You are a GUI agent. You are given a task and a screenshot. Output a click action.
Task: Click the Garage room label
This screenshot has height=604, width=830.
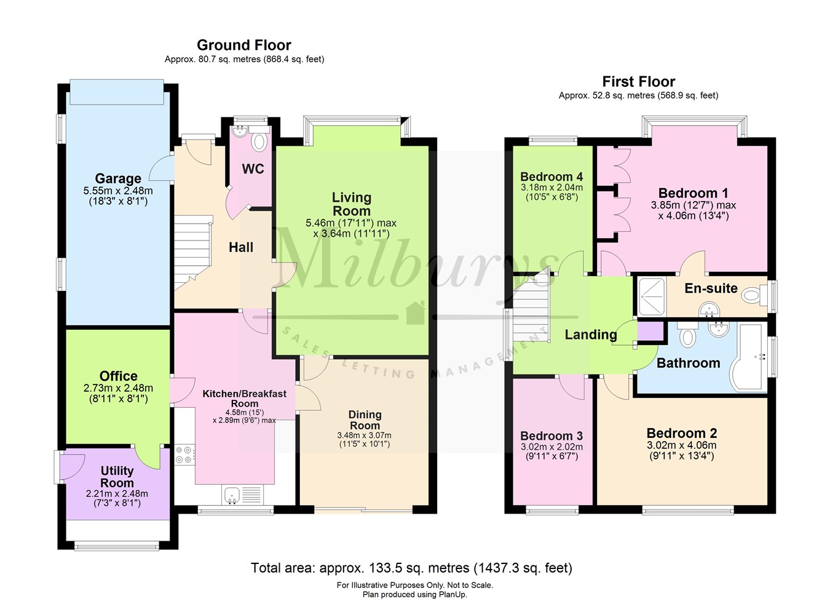tap(118, 179)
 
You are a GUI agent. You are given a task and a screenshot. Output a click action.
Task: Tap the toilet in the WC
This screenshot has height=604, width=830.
tap(259, 141)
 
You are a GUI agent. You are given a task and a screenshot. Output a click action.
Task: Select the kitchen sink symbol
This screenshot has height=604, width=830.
tap(232, 495)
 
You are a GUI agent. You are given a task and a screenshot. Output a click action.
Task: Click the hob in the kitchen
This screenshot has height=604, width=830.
tap(184, 455)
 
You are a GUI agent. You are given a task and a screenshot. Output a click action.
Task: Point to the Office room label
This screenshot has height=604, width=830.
tap(119, 376)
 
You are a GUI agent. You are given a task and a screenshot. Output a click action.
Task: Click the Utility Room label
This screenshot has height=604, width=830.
tap(117, 477)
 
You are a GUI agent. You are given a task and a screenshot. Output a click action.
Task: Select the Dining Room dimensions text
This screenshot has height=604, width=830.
tap(364, 439)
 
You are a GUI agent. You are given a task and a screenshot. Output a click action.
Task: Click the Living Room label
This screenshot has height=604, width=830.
tap(351, 204)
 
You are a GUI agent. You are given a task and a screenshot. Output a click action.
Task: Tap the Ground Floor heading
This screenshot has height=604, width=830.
tap(243, 45)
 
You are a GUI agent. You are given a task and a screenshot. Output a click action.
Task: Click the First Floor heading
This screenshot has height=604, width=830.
tap(638, 81)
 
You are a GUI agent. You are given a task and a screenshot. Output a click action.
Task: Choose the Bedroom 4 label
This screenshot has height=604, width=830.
tap(551, 177)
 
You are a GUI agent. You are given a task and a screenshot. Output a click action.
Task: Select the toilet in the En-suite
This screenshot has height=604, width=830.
tap(753, 296)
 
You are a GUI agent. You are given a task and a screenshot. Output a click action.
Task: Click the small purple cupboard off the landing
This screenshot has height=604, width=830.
tap(651, 332)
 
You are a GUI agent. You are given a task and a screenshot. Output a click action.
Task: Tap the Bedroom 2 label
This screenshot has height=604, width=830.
tap(681, 433)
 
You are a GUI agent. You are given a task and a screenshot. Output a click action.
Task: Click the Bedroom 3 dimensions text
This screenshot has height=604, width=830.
tap(551, 451)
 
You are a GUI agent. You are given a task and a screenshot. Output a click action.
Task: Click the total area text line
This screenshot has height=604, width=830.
tap(411, 568)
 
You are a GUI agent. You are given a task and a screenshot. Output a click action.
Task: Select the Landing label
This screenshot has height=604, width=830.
tap(590, 334)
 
